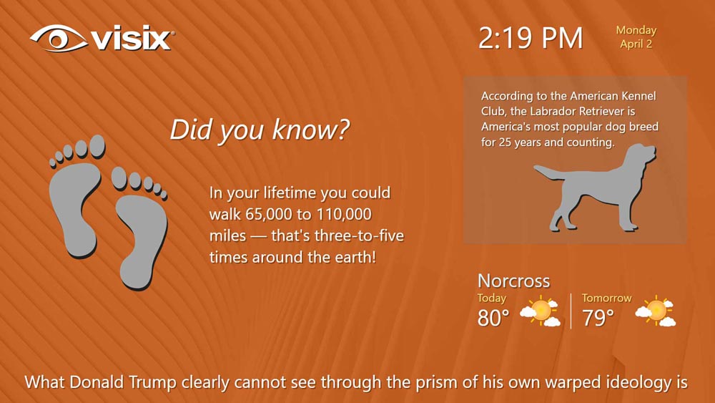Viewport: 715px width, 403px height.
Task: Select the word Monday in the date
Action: (x=636, y=31)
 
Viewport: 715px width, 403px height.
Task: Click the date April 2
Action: (x=636, y=44)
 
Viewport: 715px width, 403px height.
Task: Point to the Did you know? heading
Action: (x=260, y=130)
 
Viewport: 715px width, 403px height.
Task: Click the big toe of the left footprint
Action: (x=97, y=147)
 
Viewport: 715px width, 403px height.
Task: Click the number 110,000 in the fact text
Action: (x=344, y=215)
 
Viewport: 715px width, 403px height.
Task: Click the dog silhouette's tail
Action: (x=549, y=173)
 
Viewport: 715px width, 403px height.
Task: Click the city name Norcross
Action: (x=514, y=281)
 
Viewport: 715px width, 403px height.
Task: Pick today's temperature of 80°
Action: (x=493, y=318)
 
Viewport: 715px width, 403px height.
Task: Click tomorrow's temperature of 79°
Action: (x=598, y=318)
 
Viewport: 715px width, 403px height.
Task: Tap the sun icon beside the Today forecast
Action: (x=541, y=311)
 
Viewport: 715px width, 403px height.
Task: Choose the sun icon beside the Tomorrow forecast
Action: (x=656, y=311)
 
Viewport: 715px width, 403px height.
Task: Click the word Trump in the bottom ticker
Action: (x=153, y=382)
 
